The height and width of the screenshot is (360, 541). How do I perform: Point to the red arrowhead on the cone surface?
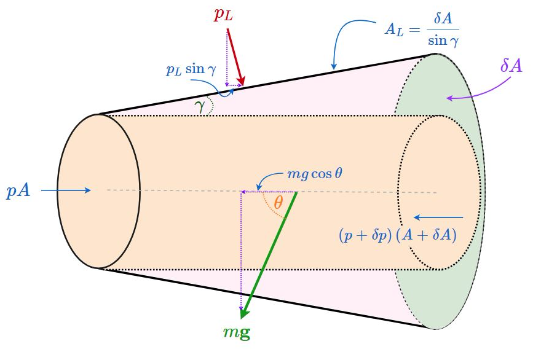[x=242, y=82]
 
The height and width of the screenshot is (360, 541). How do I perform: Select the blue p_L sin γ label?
[x=191, y=69]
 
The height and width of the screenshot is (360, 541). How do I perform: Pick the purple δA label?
[x=510, y=66]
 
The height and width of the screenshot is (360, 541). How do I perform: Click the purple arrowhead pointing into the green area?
[x=449, y=98]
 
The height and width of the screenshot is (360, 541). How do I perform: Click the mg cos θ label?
[x=315, y=174]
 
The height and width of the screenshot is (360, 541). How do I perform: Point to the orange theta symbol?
[x=278, y=203]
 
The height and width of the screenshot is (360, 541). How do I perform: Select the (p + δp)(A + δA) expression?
[x=397, y=235]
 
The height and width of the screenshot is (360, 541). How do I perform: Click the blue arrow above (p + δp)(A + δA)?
[x=438, y=217]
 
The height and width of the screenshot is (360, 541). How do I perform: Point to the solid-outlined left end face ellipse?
[x=98, y=190]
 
